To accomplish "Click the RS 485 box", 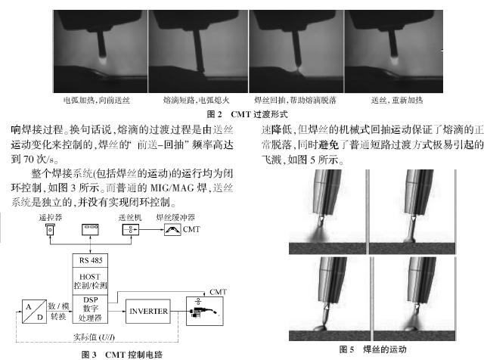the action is click(x=90, y=260).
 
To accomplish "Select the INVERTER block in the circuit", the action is click(x=148, y=312).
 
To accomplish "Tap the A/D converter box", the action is click(x=35, y=312).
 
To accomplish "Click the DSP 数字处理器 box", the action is click(x=90, y=309).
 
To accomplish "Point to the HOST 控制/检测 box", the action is click(x=90, y=281).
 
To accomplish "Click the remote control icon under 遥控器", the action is click(x=50, y=230).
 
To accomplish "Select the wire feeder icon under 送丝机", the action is click(x=130, y=230).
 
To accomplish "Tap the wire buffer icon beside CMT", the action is click(x=172, y=230).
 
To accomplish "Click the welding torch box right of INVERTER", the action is click(x=205, y=311).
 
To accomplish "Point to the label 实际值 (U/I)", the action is click(x=94, y=337).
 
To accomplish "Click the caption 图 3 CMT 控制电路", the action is click(x=122, y=355).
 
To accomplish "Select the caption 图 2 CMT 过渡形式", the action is click(x=247, y=114).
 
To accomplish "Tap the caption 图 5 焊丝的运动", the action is click(x=373, y=349).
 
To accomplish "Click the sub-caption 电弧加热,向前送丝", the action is click(x=97, y=100).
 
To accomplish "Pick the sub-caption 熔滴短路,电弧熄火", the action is click(x=197, y=100).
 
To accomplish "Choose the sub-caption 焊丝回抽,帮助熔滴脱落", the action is click(x=296, y=100).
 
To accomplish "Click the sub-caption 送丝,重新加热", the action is click(x=397, y=100).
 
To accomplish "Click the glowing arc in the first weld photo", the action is click(x=103, y=59).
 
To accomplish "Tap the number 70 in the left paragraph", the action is click(x=29, y=160).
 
